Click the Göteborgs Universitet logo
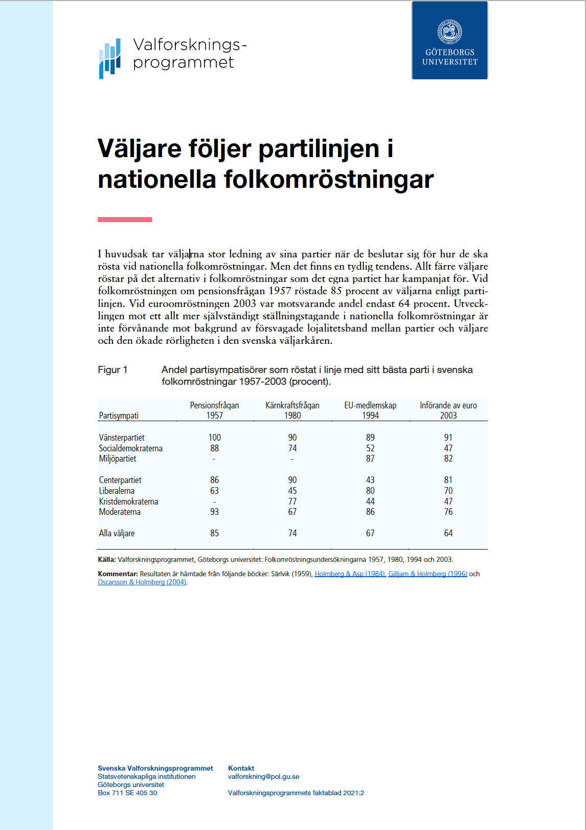[449, 40]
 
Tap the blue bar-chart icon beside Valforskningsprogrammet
[110, 58]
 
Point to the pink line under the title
[125, 220]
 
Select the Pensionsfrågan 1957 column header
[215, 410]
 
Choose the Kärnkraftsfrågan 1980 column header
[292, 410]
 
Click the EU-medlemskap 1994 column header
[370, 410]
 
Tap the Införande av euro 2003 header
[448, 410]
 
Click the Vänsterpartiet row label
[122, 438]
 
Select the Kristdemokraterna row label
[128, 501]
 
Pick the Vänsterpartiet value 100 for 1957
[215, 438]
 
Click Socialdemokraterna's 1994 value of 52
[370, 448]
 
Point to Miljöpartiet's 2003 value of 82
[448, 458]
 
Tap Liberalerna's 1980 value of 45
[292, 491]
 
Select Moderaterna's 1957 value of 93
[215, 512]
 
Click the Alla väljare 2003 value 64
[448, 533]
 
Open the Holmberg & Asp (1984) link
[350, 574]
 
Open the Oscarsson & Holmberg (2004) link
[142, 582]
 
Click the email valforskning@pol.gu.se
[263, 776]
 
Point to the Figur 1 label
[112, 370]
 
